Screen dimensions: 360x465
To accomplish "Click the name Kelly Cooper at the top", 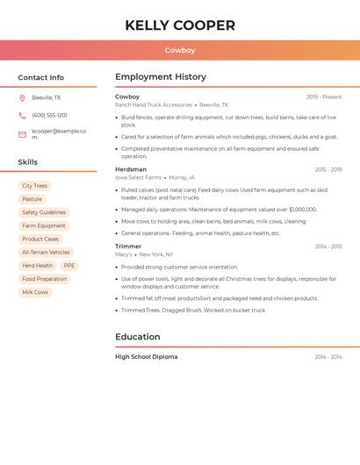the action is tap(180, 25).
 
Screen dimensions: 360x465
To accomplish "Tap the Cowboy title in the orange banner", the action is tap(180, 51).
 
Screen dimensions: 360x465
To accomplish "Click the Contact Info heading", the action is tap(40, 77).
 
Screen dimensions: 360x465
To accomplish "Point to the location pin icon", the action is tap(22, 98).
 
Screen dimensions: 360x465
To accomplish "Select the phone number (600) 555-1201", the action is tap(49, 115).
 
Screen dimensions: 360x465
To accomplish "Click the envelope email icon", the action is tap(22, 134).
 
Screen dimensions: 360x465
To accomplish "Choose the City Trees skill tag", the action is tap(35, 186).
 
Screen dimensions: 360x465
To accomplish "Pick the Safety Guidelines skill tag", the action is tap(44, 212).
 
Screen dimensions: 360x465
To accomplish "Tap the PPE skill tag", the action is tap(69, 266).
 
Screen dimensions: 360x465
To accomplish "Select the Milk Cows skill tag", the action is tap(35, 292).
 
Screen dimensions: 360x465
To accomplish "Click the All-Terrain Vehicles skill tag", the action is tap(46, 253).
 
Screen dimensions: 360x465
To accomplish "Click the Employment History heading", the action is tap(161, 77).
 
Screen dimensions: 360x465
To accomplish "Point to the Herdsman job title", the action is tap(131, 169).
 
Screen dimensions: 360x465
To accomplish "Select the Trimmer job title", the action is tap(128, 247).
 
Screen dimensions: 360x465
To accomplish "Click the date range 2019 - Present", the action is tap(324, 97).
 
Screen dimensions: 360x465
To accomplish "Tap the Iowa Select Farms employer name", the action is tap(139, 177).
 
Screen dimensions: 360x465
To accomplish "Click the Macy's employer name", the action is tap(124, 254).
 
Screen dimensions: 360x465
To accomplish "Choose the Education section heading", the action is tap(138, 337).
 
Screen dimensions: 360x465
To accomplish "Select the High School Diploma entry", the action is tap(147, 357).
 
